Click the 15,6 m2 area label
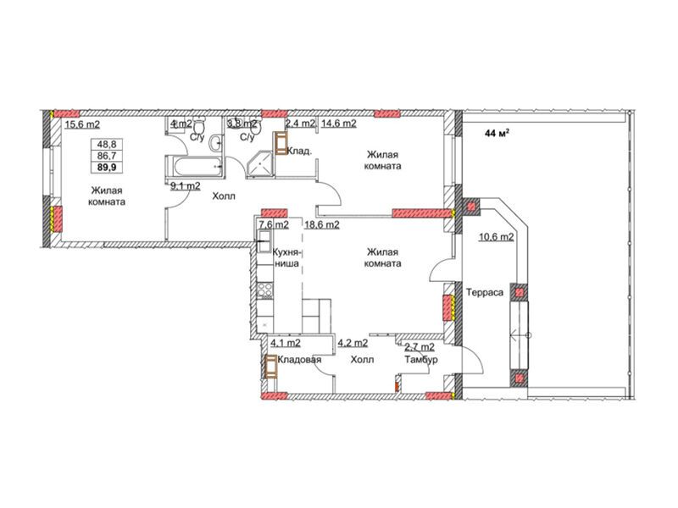(82, 124)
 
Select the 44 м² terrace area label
(497, 134)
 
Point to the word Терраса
(485, 292)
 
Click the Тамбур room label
(420, 359)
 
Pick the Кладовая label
(299, 360)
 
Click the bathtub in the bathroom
(194, 166)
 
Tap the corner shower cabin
(259, 164)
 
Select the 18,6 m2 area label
(322, 224)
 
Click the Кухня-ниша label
(286, 258)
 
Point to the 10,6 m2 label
(496, 237)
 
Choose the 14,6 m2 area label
(338, 124)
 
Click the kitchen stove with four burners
(264, 290)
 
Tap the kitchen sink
(264, 237)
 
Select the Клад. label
(300, 152)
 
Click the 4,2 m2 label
(353, 344)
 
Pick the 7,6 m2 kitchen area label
(274, 224)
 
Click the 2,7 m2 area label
(420, 347)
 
